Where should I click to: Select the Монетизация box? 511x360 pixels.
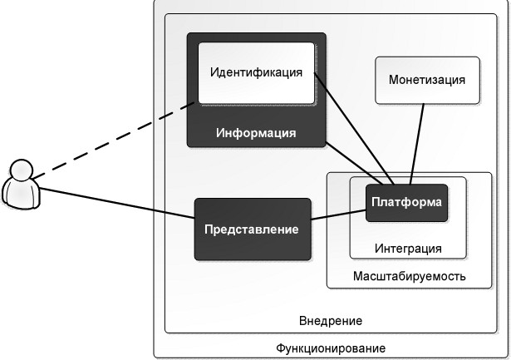click(427, 91)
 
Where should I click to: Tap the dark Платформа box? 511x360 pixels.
click(406, 203)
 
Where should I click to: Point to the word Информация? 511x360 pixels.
click(256, 133)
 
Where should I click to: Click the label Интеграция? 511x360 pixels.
click(407, 249)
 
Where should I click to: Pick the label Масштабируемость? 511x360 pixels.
click(409, 276)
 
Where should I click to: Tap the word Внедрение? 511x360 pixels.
click(330, 320)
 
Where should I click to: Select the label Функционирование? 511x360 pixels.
click(330, 347)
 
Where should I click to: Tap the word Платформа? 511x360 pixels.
click(406, 202)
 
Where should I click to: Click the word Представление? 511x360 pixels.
click(253, 229)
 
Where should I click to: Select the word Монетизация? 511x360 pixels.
click(427, 80)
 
